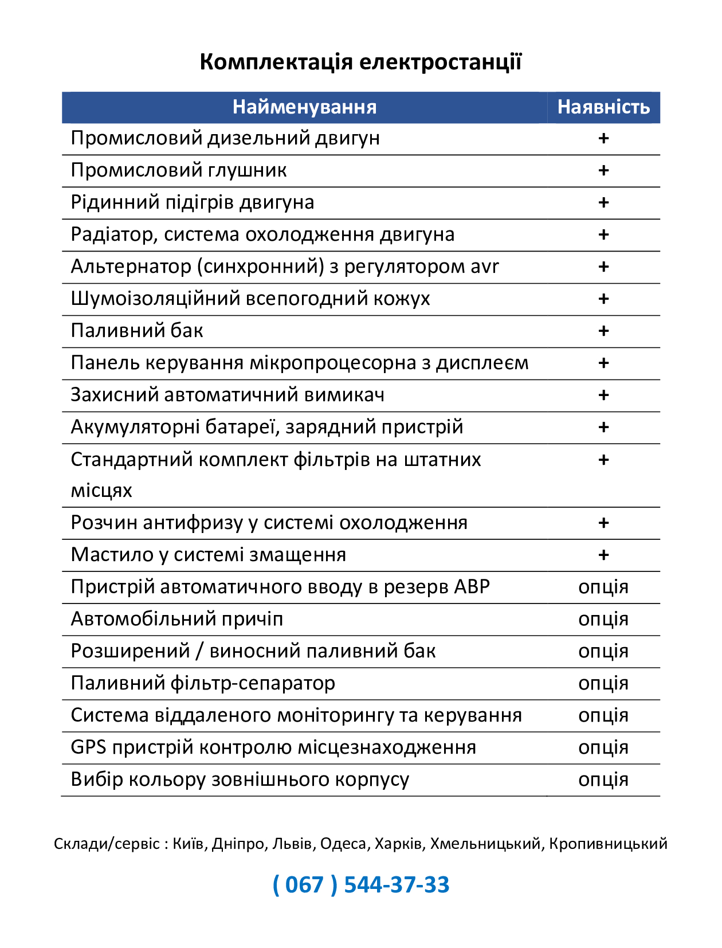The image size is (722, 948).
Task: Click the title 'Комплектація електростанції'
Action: coord(360,61)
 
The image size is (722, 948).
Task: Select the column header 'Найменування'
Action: coord(304,107)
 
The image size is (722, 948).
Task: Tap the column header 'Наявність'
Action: coord(603,107)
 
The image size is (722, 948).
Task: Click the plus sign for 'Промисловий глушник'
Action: coord(603,170)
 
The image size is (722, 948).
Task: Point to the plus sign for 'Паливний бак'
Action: coord(603,331)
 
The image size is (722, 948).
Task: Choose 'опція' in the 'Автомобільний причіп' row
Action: coord(603,619)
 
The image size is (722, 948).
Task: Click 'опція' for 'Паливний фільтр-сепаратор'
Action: coord(603,683)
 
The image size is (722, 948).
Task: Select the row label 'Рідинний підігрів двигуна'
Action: coord(193,202)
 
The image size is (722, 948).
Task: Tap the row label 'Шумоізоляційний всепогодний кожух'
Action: coord(250,299)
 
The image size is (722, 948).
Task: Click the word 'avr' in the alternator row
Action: coord(484,267)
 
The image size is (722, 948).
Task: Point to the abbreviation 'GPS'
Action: coord(88,747)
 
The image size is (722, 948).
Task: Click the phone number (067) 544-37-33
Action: coord(361,884)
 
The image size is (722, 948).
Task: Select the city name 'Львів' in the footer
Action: coord(292,844)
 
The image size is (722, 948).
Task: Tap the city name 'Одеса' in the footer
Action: coord(343,844)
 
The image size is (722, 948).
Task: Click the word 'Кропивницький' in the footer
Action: coord(608,844)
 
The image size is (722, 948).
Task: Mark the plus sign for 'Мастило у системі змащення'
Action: coord(603,555)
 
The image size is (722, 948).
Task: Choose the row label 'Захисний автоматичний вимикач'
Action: coord(227,395)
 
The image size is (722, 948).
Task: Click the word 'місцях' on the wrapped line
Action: coord(101,491)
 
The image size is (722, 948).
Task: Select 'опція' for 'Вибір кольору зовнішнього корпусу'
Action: coord(603,779)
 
